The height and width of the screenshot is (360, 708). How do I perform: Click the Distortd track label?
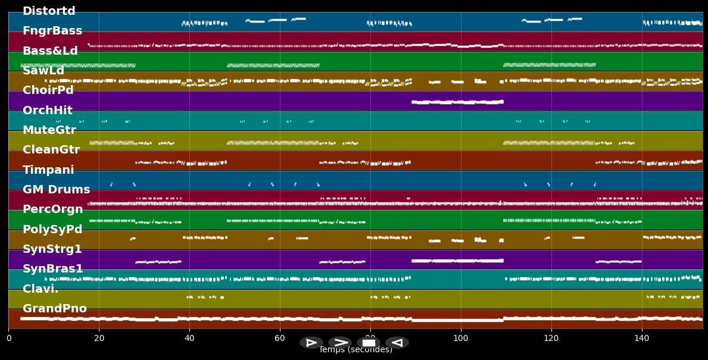click(x=49, y=11)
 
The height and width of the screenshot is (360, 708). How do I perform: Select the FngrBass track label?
click(x=52, y=31)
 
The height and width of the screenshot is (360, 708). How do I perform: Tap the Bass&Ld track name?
click(x=50, y=51)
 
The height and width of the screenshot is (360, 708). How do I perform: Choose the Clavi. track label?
click(x=40, y=289)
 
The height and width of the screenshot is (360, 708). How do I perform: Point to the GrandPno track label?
click(x=54, y=309)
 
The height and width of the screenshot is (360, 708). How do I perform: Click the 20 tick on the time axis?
click(x=99, y=339)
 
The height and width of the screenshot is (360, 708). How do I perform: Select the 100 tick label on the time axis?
click(x=461, y=339)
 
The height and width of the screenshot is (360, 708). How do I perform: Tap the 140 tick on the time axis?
click(x=642, y=339)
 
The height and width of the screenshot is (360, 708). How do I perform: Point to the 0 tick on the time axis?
click(x=8, y=339)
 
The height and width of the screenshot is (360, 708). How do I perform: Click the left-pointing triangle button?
click(x=397, y=343)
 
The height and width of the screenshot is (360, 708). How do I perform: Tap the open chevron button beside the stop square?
click(x=340, y=343)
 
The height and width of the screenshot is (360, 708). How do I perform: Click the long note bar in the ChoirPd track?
click(x=457, y=102)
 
